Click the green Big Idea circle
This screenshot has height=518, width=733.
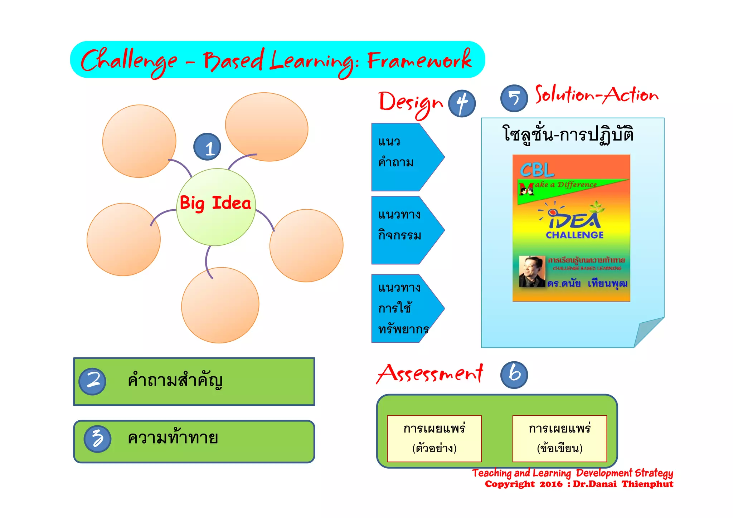(x=216, y=207)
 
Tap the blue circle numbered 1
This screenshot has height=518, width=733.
(x=207, y=147)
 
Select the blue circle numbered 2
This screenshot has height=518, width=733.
(x=92, y=381)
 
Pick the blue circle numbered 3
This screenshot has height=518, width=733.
(x=97, y=439)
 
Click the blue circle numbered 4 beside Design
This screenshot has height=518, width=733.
(x=462, y=103)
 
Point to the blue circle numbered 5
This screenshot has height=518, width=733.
(x=514, y=98)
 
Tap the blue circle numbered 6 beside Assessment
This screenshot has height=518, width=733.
(x=514, y=375)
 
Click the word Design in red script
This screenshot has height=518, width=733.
(x=411, y=103)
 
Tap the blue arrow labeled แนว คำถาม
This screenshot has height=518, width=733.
(x=404, y=157)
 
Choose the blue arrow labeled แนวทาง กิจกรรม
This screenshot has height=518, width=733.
(x=404, y=230)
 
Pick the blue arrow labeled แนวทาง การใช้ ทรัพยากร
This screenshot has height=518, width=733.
(x=404, y=308)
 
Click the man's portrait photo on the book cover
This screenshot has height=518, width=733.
(x=532, y=271)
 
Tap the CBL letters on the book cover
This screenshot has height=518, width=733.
(x=537, y=170)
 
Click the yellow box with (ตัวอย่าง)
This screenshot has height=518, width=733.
(x=434, y=438)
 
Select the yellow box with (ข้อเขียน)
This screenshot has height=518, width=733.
(x=559, y=438)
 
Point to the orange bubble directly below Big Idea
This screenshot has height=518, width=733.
(x=220, y=305)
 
